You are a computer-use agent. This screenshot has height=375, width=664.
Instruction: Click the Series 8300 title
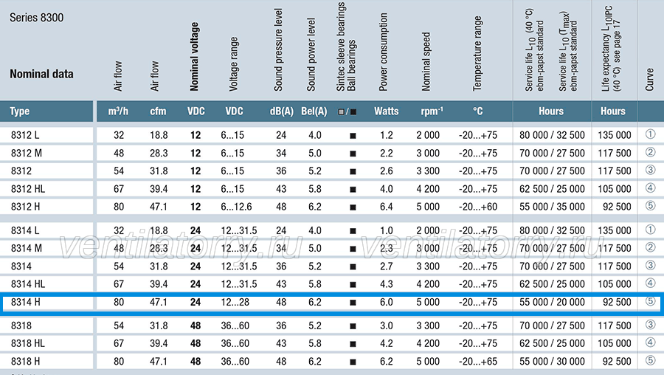[x=36, y=18]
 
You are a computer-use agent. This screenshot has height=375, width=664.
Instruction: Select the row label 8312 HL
[x=28, y=189]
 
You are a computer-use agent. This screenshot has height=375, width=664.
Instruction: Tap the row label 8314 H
[x=25, y=302]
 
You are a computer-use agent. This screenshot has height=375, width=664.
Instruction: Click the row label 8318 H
[x=25, y=362]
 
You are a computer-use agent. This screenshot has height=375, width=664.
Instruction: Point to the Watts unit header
[x=386, y=111]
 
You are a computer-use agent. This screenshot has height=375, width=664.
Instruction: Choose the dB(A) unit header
[x=282, y=111]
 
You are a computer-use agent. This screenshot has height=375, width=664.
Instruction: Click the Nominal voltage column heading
[x=194, y=57]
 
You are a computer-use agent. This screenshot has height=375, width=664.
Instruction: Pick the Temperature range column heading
[x=477, y=53]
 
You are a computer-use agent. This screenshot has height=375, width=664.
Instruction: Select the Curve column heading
[x=649, y=80]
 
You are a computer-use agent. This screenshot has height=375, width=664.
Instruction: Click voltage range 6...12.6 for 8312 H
[x=236, y=207]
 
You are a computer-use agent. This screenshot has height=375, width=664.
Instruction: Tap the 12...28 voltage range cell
[x=235, y=302]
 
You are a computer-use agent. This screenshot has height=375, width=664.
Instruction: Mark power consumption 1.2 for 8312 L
[x=386, y=135]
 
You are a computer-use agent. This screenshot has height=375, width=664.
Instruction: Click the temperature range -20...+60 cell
[x=477, y=207]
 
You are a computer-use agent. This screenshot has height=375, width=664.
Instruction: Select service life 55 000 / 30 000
[x=552, y=362]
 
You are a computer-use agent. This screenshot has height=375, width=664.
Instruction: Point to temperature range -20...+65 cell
[x=477, y=362]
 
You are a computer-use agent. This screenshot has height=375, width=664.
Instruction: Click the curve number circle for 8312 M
[x=651, y=152]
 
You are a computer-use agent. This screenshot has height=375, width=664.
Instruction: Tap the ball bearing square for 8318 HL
[x=353, y=344]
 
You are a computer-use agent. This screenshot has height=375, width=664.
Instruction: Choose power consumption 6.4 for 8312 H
[x=386, y=207]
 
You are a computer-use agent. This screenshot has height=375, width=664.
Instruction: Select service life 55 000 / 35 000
[x=552, y=207]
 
